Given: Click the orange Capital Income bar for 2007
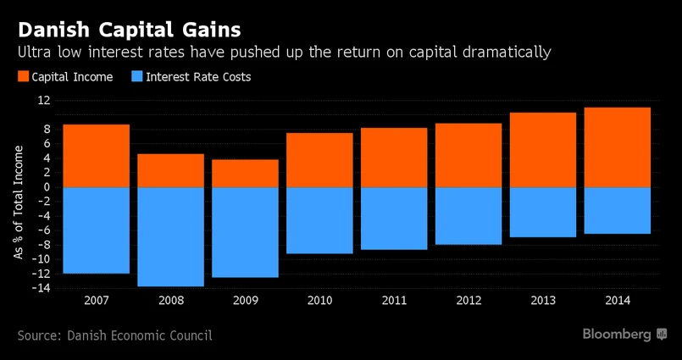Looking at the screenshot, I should pos(96,156).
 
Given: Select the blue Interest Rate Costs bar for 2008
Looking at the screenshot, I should pos(170,236).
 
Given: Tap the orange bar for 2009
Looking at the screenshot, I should pos(245,173).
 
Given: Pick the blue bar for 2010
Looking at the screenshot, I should pos(319,220).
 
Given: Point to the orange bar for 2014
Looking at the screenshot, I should pos(618,147).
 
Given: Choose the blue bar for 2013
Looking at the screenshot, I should pos(543,212).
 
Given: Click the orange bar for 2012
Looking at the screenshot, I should pos(469,155).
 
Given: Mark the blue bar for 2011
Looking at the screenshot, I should pos(394,218).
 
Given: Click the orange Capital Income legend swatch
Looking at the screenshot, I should pos(23,77).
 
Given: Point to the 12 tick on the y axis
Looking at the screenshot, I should pos(44,100).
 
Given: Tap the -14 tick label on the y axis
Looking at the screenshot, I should pos(42,288).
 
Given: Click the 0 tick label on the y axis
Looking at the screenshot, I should pos(47,187).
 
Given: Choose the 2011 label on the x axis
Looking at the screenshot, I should pos(394,301).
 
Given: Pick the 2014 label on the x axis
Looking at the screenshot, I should pos(618,301).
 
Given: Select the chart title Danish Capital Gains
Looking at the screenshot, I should pos(129,30).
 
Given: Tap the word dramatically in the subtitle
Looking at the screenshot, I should pos(502,53).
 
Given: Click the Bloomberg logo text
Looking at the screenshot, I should pos(616,335).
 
